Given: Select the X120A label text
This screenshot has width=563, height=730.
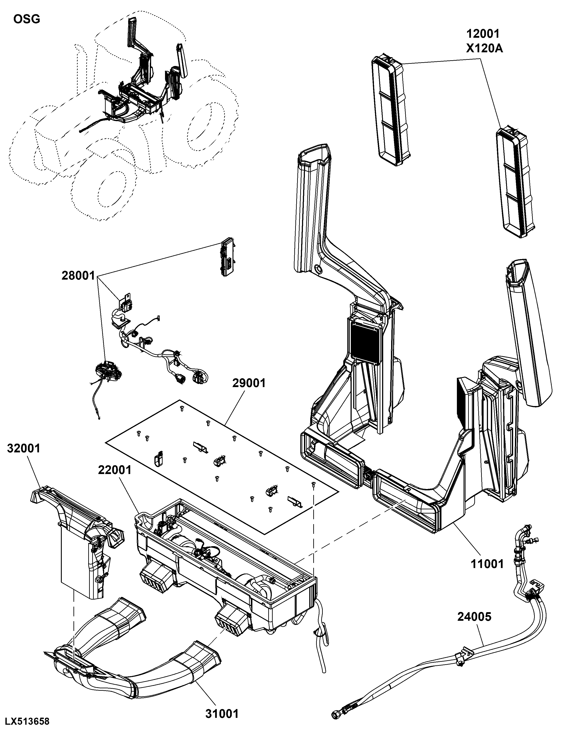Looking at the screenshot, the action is pyautogui.click(x=484, y=49).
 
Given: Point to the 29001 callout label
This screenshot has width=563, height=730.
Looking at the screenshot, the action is pyautogui.click(x=249, y=383).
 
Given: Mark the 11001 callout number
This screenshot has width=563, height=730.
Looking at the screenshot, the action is pyautogui.click(x=487, y=564).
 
